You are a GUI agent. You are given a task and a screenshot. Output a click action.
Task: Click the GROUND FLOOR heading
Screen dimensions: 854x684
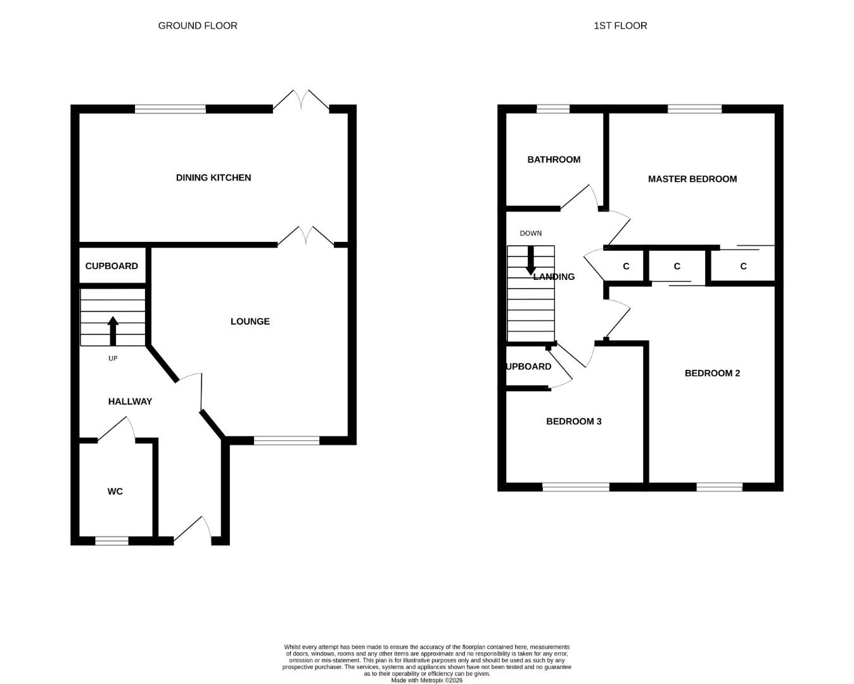[198, 26]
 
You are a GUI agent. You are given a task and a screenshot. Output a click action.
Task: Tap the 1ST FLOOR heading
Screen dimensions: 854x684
[620, 26]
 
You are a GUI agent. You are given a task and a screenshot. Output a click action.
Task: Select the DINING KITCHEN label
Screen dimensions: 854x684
[213, 178]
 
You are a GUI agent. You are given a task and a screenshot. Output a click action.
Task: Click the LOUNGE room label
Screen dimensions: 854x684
[250, 321]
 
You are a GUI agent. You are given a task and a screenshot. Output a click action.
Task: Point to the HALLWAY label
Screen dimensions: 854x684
[130, 402]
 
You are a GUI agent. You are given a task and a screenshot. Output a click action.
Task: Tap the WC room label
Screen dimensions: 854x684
[115, 491]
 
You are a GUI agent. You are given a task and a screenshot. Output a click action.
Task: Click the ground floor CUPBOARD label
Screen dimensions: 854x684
[112, 266]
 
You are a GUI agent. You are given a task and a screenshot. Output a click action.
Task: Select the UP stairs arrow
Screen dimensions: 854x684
[113, 331]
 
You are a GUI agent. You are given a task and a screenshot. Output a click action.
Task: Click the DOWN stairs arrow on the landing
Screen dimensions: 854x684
[530, 261]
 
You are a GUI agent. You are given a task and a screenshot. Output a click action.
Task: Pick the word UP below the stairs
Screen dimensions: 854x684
[113, 358]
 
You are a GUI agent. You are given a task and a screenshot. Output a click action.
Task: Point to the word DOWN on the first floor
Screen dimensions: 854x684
[530, 233]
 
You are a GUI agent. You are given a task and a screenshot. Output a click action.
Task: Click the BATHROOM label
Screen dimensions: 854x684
[554, 160]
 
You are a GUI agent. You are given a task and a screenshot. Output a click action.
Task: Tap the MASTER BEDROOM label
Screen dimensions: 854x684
[692, 179]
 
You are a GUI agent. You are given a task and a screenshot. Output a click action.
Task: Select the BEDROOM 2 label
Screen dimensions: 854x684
[712, 373]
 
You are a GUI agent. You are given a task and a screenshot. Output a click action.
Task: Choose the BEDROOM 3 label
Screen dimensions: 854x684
[574, 421]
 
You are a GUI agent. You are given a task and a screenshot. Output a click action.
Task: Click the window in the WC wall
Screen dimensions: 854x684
[112, 541]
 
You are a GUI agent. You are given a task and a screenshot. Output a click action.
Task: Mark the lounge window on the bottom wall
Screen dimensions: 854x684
[286, 440]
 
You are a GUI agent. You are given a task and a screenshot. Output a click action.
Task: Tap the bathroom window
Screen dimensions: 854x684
[553, 109]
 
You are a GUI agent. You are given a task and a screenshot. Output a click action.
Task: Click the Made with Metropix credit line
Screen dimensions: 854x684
[427, 680]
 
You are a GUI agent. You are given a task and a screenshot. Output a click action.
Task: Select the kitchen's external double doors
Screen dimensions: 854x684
[301, 100]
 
